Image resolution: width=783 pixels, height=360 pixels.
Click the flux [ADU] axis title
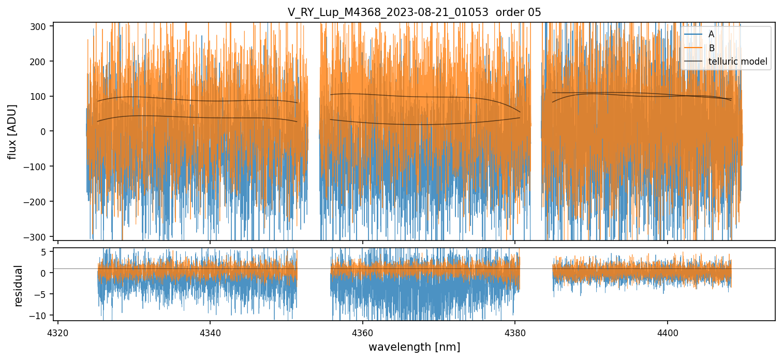12,131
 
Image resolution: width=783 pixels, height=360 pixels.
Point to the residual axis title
19,286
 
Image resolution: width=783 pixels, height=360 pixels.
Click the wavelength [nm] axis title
414,347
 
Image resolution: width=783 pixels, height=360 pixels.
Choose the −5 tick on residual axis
41,294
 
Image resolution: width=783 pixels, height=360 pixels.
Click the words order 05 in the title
519,12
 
